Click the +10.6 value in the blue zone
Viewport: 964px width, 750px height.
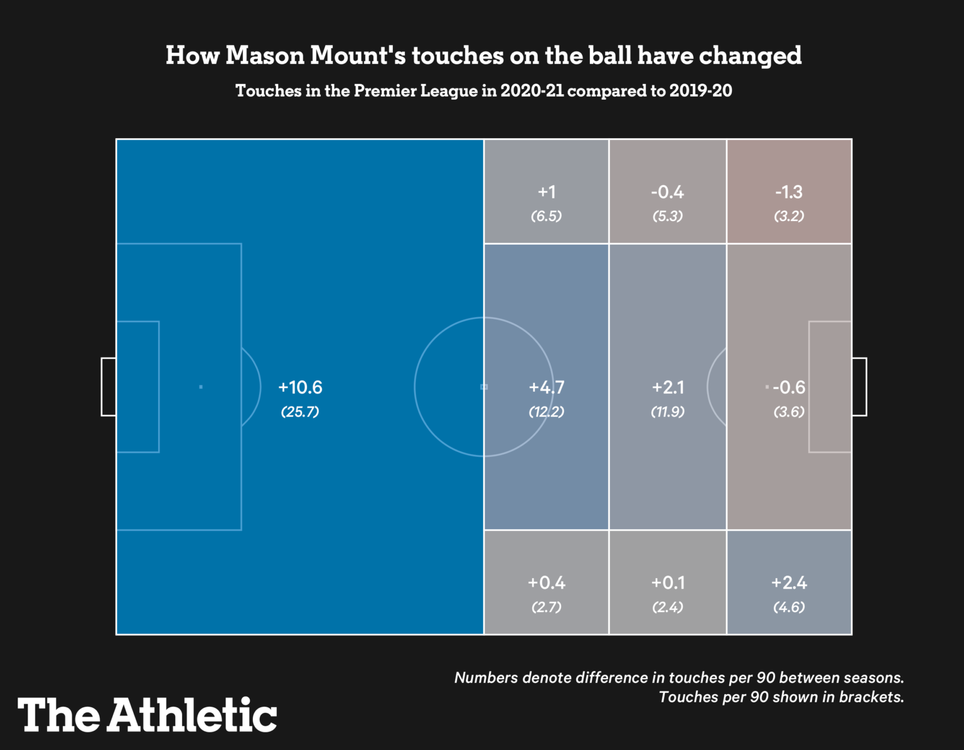(300, 387)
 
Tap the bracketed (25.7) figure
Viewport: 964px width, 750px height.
(300, 412)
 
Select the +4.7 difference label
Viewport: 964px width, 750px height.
(547, 387)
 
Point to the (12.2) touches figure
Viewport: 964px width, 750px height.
(547, 412)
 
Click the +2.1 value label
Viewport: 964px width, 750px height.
(668, 387)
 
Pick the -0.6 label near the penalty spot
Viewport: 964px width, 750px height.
(789, 387)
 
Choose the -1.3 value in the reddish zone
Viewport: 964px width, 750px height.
(789, 192)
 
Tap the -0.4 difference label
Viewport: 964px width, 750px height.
(668, 192)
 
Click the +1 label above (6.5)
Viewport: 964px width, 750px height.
(547, 192)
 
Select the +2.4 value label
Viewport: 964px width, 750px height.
(789, 583)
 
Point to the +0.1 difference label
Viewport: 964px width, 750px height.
(668, 583)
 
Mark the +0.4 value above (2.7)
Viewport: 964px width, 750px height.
(547, 583)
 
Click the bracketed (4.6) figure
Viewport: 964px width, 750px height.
(789, 607)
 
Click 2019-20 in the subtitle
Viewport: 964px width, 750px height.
(700, 91)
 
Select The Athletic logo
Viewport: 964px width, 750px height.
(147, 715)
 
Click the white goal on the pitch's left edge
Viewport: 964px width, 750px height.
(109, 387)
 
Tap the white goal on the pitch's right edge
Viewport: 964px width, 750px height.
(859, 387)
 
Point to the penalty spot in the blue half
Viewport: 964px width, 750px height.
(201, 387)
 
